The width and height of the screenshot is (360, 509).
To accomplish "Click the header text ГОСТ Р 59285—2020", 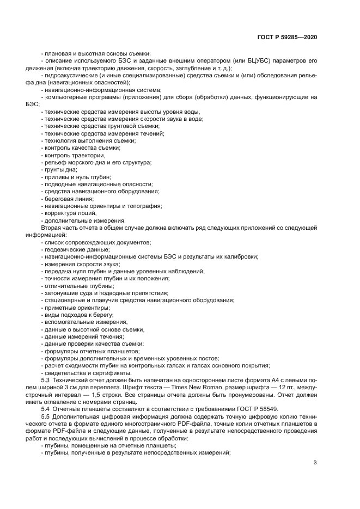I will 287,37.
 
